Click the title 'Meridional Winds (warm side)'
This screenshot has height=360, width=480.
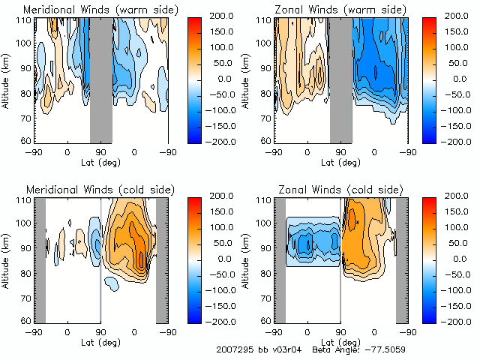pyautogui.click(x=90, y=9)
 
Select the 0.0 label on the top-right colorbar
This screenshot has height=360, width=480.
pyautogui.click(x=454, y=79)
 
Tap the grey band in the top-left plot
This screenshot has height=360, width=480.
pyautogui.click(x=101, y=79)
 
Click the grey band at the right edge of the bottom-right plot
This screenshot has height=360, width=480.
pyautogui.click(x=402, y=259)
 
